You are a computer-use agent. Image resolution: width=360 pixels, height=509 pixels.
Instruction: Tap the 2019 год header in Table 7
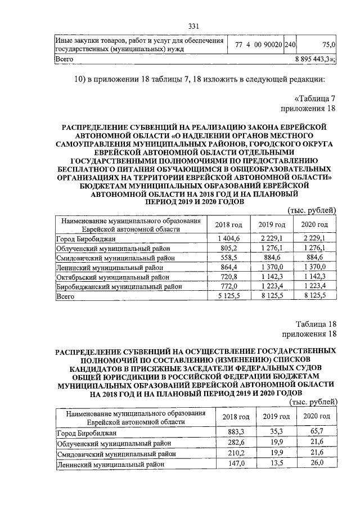272,225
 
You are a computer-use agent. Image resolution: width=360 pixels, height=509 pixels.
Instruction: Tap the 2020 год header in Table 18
317,416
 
